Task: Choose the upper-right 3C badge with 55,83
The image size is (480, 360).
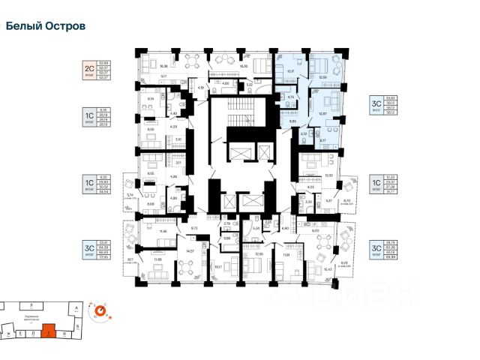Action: coord(375,104)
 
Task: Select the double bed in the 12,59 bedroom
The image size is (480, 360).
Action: coord(321,64)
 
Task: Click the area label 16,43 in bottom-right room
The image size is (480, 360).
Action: coord(328,268)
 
